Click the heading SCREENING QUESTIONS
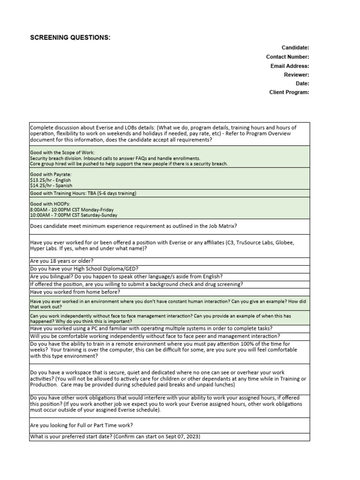[70, 37]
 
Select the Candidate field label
[295, 48]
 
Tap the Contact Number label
[287, 57]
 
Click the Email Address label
[289, 66]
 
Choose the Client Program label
[289, 92]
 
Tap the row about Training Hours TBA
[83, 193]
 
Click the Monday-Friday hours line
[72, 210]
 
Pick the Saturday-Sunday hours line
[74, 215]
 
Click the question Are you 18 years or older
[62, 261]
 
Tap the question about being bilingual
[126, 277]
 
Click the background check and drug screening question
[136, 284]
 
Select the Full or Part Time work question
[81, 425]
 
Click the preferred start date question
[115, 437]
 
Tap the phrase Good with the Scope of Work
[62, 153]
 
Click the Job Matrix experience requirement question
[133, 226]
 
